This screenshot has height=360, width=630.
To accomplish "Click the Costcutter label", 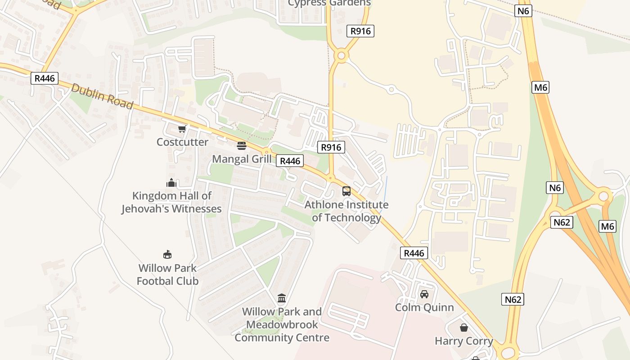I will (x=182, y=142).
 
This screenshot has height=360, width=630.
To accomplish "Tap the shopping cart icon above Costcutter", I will (x=182, y=129).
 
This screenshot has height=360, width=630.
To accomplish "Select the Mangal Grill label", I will (x=242, y=159).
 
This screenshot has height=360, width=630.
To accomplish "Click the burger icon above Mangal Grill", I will (x=242, y=145).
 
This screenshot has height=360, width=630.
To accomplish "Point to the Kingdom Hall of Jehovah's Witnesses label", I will (x=171, y=202).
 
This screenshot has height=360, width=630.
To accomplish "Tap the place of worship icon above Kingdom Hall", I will (x=171, y=183).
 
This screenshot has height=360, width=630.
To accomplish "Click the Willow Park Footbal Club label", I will (x=167, y=274).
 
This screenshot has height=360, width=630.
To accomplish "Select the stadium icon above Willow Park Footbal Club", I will (x=167, y=255).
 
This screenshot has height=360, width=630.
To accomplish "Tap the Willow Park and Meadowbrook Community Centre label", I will (x=282, y=324).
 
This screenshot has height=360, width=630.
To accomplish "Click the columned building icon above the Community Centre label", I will (x=282, y=298).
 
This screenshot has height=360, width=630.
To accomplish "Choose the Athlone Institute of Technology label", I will (x=346, y=211).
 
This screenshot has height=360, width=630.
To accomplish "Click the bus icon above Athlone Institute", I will (x=346, y=191).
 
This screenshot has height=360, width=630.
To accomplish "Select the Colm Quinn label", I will (x=424, y=307).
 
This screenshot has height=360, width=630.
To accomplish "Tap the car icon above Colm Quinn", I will (x=424, y=294).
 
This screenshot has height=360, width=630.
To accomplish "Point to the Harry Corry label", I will (x=463, y=341).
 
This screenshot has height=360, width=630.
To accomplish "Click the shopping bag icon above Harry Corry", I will (x=463, y=328).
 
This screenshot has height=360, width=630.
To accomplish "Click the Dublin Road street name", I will (x=102, y=96).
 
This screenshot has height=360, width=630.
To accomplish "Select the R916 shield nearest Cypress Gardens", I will (x=360, y=31).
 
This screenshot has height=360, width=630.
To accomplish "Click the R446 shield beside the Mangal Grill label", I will (x=290, y=161).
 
